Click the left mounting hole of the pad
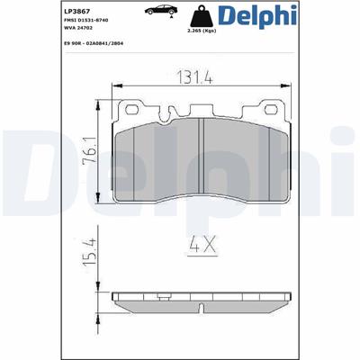pyautogui.click(x=137, y=111)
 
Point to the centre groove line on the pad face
pyautogui.click(x=202, y=153)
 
